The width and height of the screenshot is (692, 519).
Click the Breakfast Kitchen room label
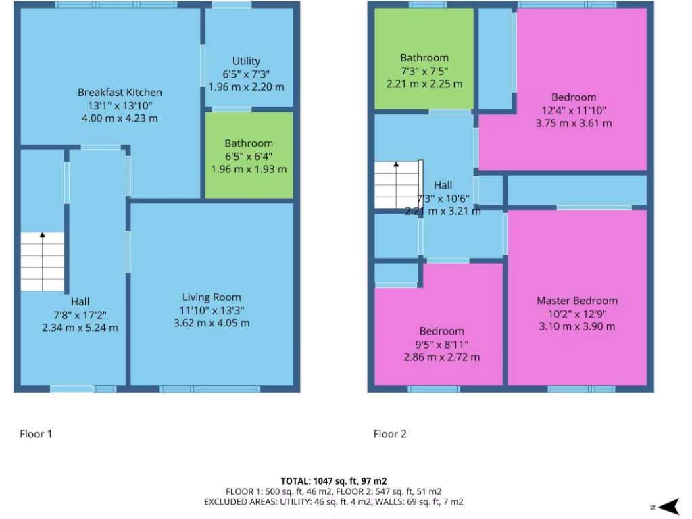coord(120,92)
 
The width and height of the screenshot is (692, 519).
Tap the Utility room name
coord(246,61)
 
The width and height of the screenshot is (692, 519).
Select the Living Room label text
coord(212,297)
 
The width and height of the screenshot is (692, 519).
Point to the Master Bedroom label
coord(576,301)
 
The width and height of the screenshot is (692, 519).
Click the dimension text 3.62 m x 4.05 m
coord(212,322)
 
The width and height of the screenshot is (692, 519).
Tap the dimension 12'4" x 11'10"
coord(573,110)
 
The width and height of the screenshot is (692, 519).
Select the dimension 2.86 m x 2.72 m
coord(441,357)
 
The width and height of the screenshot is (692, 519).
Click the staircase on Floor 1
coord(42,262)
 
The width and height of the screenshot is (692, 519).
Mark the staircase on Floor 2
coord(397,185)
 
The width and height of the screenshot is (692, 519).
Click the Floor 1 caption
coord(35,434)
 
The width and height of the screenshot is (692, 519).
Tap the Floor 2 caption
coord(390,434)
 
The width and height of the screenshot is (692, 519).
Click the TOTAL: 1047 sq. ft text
coord(333,481)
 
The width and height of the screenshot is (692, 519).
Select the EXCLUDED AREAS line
coord(333,502)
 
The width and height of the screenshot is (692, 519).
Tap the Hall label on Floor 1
coord(80,301)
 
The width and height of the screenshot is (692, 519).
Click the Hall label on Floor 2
coord(443,184)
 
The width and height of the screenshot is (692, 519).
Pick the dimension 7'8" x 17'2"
coord(80,314)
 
